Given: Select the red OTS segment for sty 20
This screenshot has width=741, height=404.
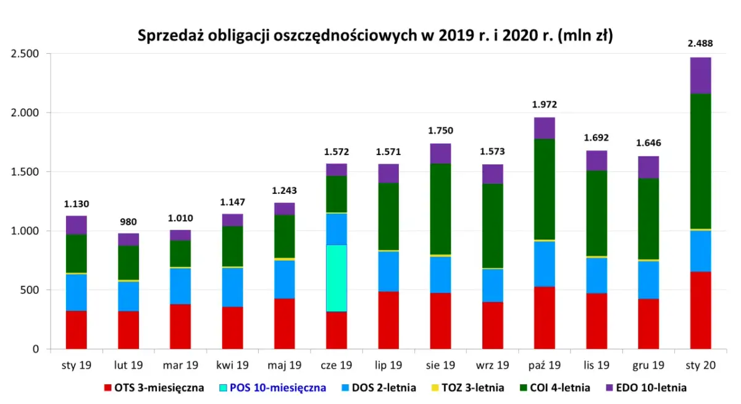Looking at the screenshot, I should point(700,310).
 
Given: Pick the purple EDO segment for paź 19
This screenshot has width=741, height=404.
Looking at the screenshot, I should point(545,128).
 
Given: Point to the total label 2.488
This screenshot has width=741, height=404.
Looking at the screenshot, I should point(700,43).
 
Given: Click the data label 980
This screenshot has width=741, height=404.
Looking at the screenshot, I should point(128,222).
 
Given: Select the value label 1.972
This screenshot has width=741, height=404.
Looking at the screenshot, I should point(545,104).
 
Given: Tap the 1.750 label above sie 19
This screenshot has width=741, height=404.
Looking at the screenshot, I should point(440,131).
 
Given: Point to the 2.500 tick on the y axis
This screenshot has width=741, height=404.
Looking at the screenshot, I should point(25,54).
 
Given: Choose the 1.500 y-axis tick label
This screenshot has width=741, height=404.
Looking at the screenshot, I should point(25,172).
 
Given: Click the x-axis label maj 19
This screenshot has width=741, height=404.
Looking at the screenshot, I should point(284,365).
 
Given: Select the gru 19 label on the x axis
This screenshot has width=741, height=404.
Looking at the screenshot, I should point(648,365).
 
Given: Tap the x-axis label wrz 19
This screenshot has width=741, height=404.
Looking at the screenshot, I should point(492,365).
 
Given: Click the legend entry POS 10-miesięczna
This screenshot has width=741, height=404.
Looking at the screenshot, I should point(278,388).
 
